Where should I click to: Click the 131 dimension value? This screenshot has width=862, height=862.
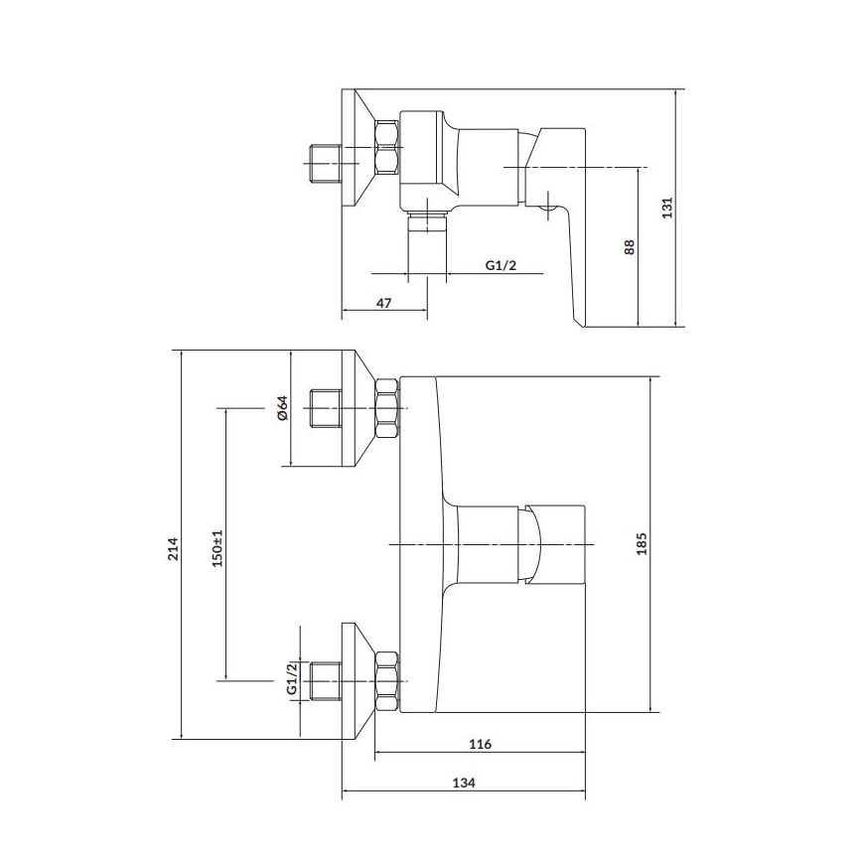coord(668,207)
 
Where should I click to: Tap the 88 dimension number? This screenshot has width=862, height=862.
coord(629,247)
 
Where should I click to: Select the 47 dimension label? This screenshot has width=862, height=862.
coord(383,305)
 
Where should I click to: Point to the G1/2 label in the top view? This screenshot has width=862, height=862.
coord(501,264)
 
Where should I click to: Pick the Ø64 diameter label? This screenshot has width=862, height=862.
coord(281,408)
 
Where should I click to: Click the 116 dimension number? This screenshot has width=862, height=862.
coord(481,744)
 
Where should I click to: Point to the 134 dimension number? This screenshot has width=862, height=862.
coord(463,784)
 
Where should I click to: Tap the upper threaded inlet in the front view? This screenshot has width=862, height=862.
coord(326,408)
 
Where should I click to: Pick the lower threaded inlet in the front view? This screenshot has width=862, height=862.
coord(326,680)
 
